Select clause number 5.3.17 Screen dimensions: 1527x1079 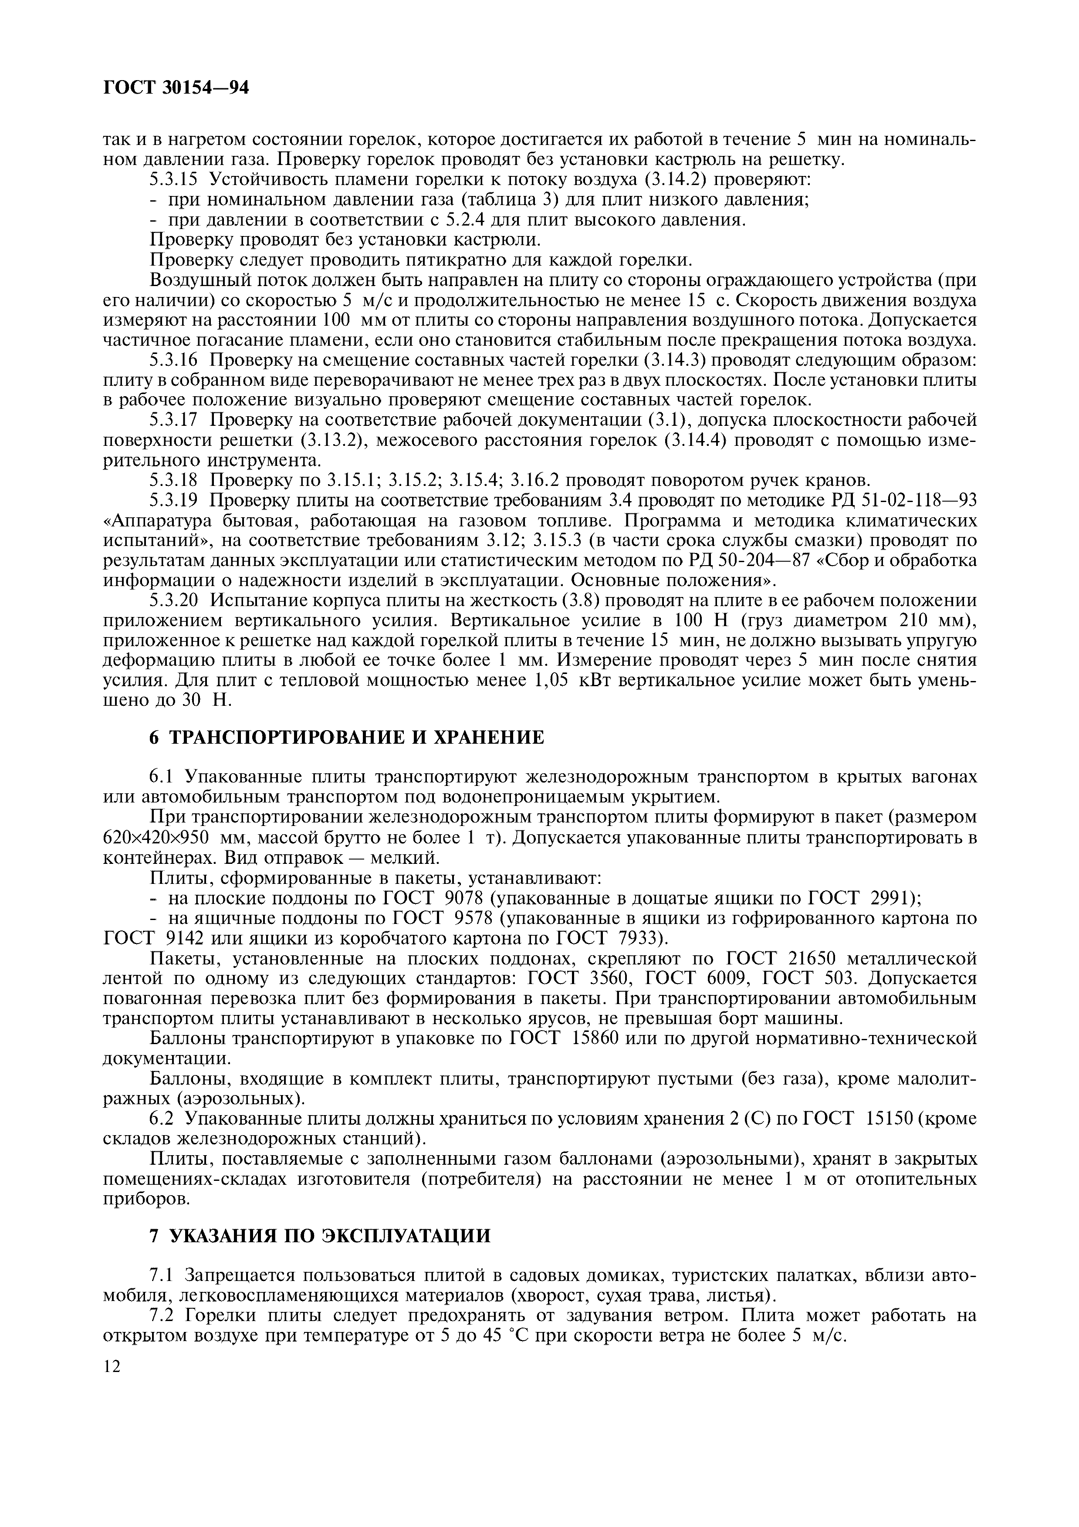coord(174,420)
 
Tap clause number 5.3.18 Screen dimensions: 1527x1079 coord(174,479)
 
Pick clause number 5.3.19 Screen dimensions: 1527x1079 coord(174,499)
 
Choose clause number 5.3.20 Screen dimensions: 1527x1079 coord(174,600)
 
